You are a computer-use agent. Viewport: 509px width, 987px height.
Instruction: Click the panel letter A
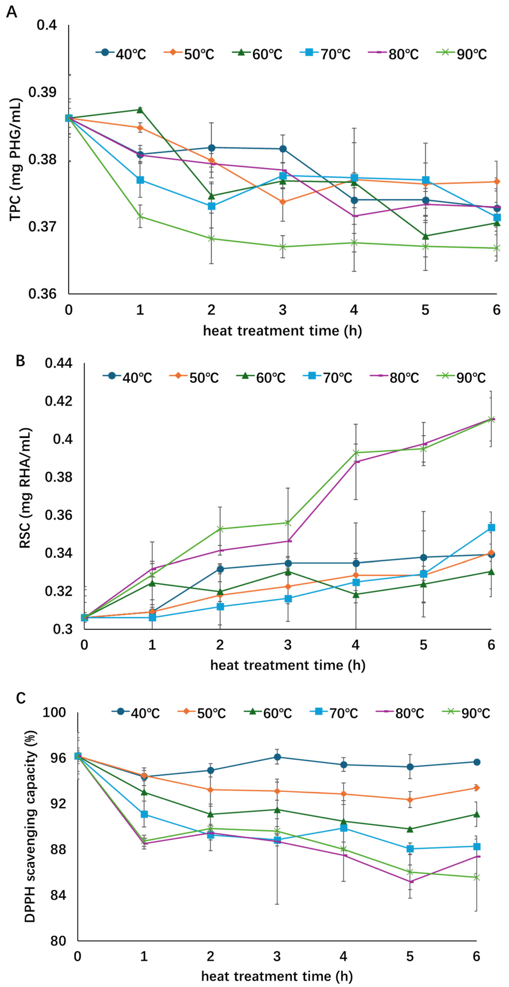click(11, 12)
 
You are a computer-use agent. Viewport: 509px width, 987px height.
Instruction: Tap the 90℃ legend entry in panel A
click(462, 54)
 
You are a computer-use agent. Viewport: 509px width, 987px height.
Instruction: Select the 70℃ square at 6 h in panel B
click(491, 528)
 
